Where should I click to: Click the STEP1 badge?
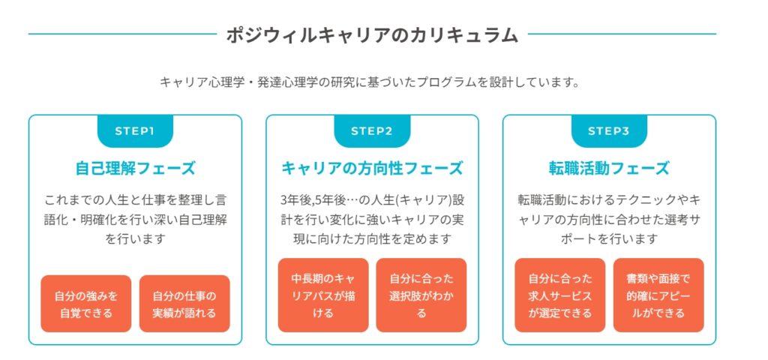(x=135, y=131)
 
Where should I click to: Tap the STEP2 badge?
(x=372, y=131)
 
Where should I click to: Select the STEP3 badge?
(x=609, y=131)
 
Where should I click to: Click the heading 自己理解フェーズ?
(x=135, y=169)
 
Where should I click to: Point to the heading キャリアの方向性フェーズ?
(x=372, y=169)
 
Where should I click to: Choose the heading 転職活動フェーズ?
(x=609, y=169)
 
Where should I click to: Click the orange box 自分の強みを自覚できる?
(x=86, y=304)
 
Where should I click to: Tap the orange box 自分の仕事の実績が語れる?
(x=184, y=304)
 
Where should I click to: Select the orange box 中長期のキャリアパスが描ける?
(x=323, y=295)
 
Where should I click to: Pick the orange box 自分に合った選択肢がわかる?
(x=421, y=295)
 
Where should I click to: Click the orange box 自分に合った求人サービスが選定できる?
(x=559, y=295)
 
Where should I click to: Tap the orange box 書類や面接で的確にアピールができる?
(x=658, y=295)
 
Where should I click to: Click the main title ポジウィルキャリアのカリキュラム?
(x=372, y=35)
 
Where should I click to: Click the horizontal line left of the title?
(x=122, y=34)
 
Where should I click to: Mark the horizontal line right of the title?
(x=622, y=34)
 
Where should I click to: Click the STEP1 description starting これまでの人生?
(x=135, y=220)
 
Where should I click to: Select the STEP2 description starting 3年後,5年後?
(x=372, y=220)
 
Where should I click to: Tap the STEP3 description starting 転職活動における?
(x=609, y=220)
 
